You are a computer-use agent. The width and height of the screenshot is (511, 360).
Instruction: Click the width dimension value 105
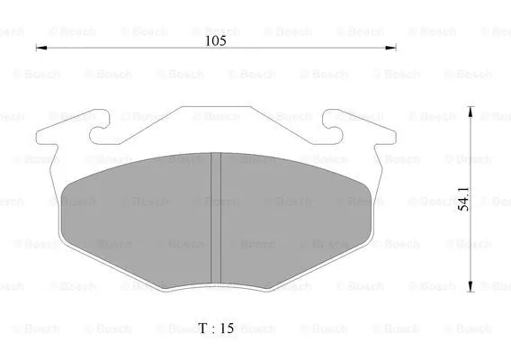tap(215, 40)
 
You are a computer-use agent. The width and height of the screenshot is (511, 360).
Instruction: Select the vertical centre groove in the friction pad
tap(215, 216)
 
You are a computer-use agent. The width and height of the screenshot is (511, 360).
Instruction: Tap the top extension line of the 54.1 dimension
tap(432, 107)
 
